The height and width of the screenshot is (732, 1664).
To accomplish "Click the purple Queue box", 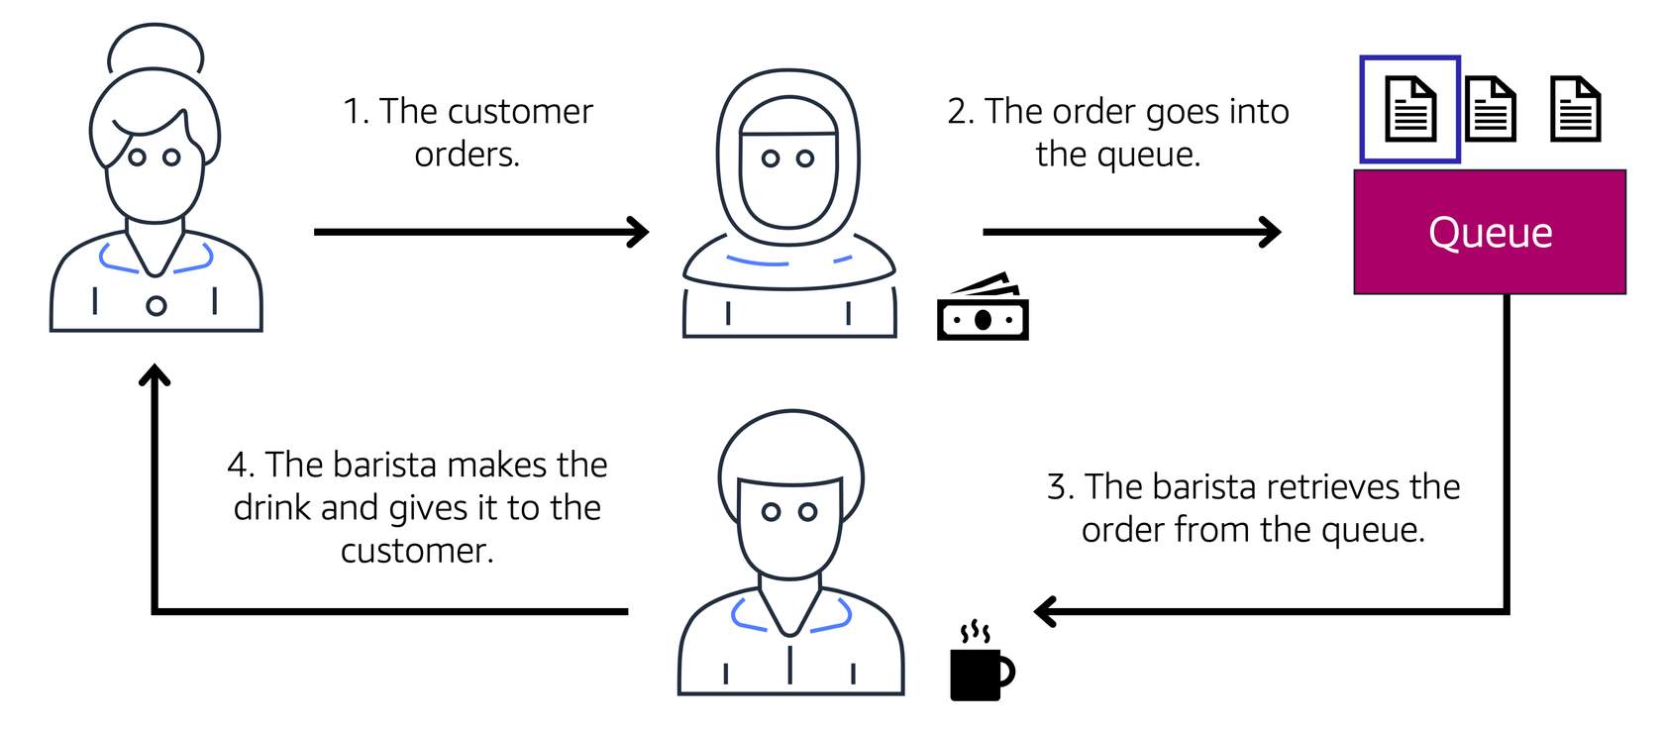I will [x=1489, y=232].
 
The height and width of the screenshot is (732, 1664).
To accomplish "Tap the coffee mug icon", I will [x=979, y=669].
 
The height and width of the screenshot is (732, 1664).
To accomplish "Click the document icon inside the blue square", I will [x=1409, y=109].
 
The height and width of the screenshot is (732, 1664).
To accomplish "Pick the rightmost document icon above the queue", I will [x=1575, y=109].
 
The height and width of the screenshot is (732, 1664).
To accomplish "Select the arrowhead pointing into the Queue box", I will [x=1271, y=232].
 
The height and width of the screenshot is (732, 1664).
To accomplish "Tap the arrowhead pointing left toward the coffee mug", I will [x=1045, y=611].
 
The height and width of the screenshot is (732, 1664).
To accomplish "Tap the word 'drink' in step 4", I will [x=272, y=508].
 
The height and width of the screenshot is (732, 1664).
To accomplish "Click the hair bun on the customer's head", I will [x=156, y=48].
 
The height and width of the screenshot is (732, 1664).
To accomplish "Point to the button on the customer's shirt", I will [x=156, y=306].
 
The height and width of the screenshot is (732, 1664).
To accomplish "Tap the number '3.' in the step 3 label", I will [x=1061, y=487].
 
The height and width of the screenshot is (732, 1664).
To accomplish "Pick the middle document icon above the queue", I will [x=1490, y=109].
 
